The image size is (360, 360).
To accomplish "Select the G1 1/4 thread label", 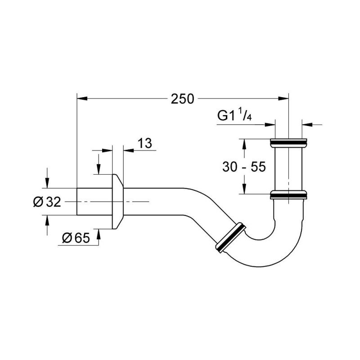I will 234,116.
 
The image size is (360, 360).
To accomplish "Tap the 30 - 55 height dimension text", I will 244,166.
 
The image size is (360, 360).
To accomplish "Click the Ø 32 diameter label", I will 47,202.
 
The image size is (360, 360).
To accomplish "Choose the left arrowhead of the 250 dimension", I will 81,97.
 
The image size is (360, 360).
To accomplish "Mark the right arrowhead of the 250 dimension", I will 284,97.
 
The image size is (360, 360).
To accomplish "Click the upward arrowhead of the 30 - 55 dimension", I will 244,143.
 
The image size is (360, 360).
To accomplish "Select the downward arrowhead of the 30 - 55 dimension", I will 244,190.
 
